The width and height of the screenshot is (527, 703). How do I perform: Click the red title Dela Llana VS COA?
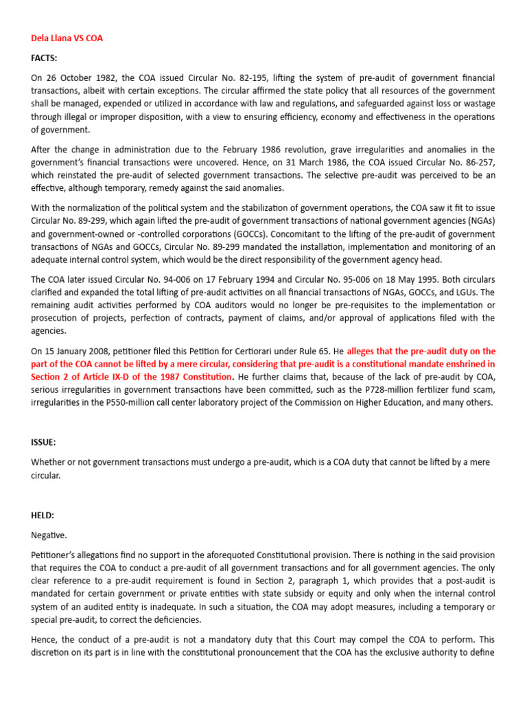coord(67,38)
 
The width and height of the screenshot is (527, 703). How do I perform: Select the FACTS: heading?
coord(44,59)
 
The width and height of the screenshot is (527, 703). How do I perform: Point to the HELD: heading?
coord(43,515)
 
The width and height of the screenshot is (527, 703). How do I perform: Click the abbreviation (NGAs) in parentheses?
coord(478,220)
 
